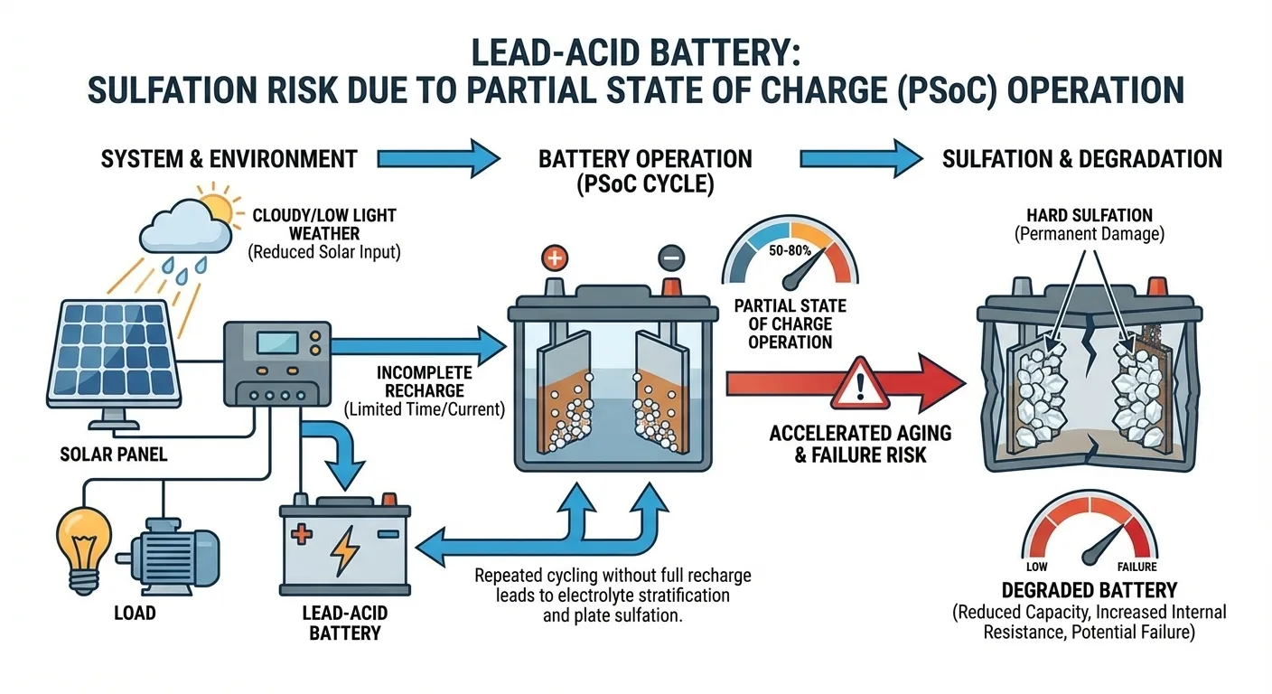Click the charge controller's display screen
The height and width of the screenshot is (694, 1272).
[x=277, y=343]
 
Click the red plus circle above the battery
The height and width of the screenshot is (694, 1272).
[x=554, y=258]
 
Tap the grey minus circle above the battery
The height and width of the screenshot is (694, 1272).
[x=671, y=258]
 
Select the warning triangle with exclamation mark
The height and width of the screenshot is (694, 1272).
[x=860, y=384]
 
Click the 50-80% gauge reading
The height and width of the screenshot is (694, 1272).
[x=790, y=250]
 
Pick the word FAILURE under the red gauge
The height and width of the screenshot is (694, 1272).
[x=1136, y=567]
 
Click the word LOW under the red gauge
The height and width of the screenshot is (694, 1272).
[x=1037, y=567]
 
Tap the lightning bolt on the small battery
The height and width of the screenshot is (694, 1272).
[x=345, y=550]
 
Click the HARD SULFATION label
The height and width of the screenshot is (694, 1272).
[x=1090, y=215]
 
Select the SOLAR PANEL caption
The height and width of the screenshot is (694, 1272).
[x=114, y=455]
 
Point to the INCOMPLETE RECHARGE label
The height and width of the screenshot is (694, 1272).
[x=425, y=381]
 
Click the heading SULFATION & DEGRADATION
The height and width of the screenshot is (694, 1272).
[x=1082, y=159]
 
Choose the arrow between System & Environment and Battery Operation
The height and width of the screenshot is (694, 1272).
[x=438, y=159]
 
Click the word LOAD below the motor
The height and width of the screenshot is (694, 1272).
[x=136, y=613]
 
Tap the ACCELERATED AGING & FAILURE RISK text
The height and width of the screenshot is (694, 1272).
[x=860, y=444]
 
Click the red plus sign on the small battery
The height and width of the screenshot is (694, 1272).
[x=302, y=534]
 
